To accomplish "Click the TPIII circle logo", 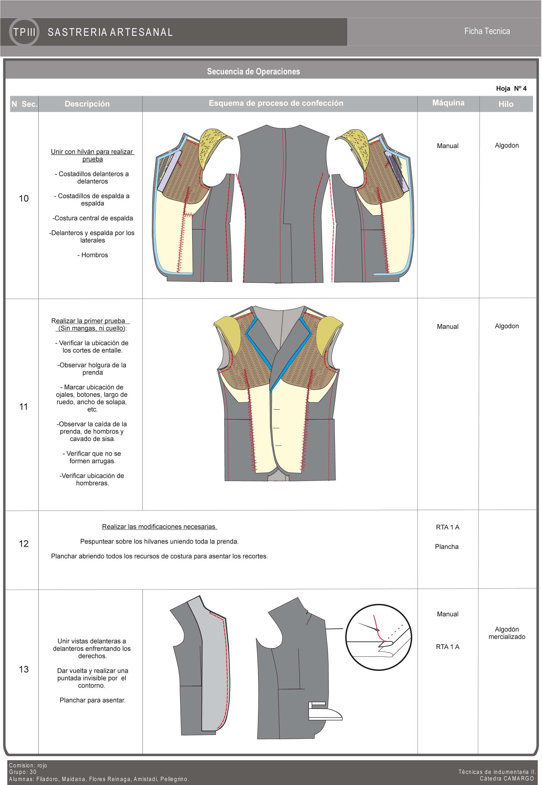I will (24, 32).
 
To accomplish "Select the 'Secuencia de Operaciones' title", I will (253, 72).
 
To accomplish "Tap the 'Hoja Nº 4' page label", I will (511, 88).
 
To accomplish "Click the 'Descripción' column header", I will (87, 104).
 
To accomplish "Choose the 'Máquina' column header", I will (448, 103).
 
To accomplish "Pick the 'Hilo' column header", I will (506, 104).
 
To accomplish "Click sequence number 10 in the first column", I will (24, 198).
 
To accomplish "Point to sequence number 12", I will (24, 544).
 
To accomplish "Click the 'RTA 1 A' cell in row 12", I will (447, 527).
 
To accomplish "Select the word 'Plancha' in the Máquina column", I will (447, 546).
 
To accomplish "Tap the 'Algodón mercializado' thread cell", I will (506, 633).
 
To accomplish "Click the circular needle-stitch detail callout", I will (378, 637).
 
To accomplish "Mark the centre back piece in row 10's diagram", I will (283, 204).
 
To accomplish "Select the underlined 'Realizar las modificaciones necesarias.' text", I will (159, 527).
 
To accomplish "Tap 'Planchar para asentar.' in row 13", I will (92, 700).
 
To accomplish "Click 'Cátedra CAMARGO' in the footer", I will (507, 778).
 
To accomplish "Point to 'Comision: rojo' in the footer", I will (28, 765).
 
